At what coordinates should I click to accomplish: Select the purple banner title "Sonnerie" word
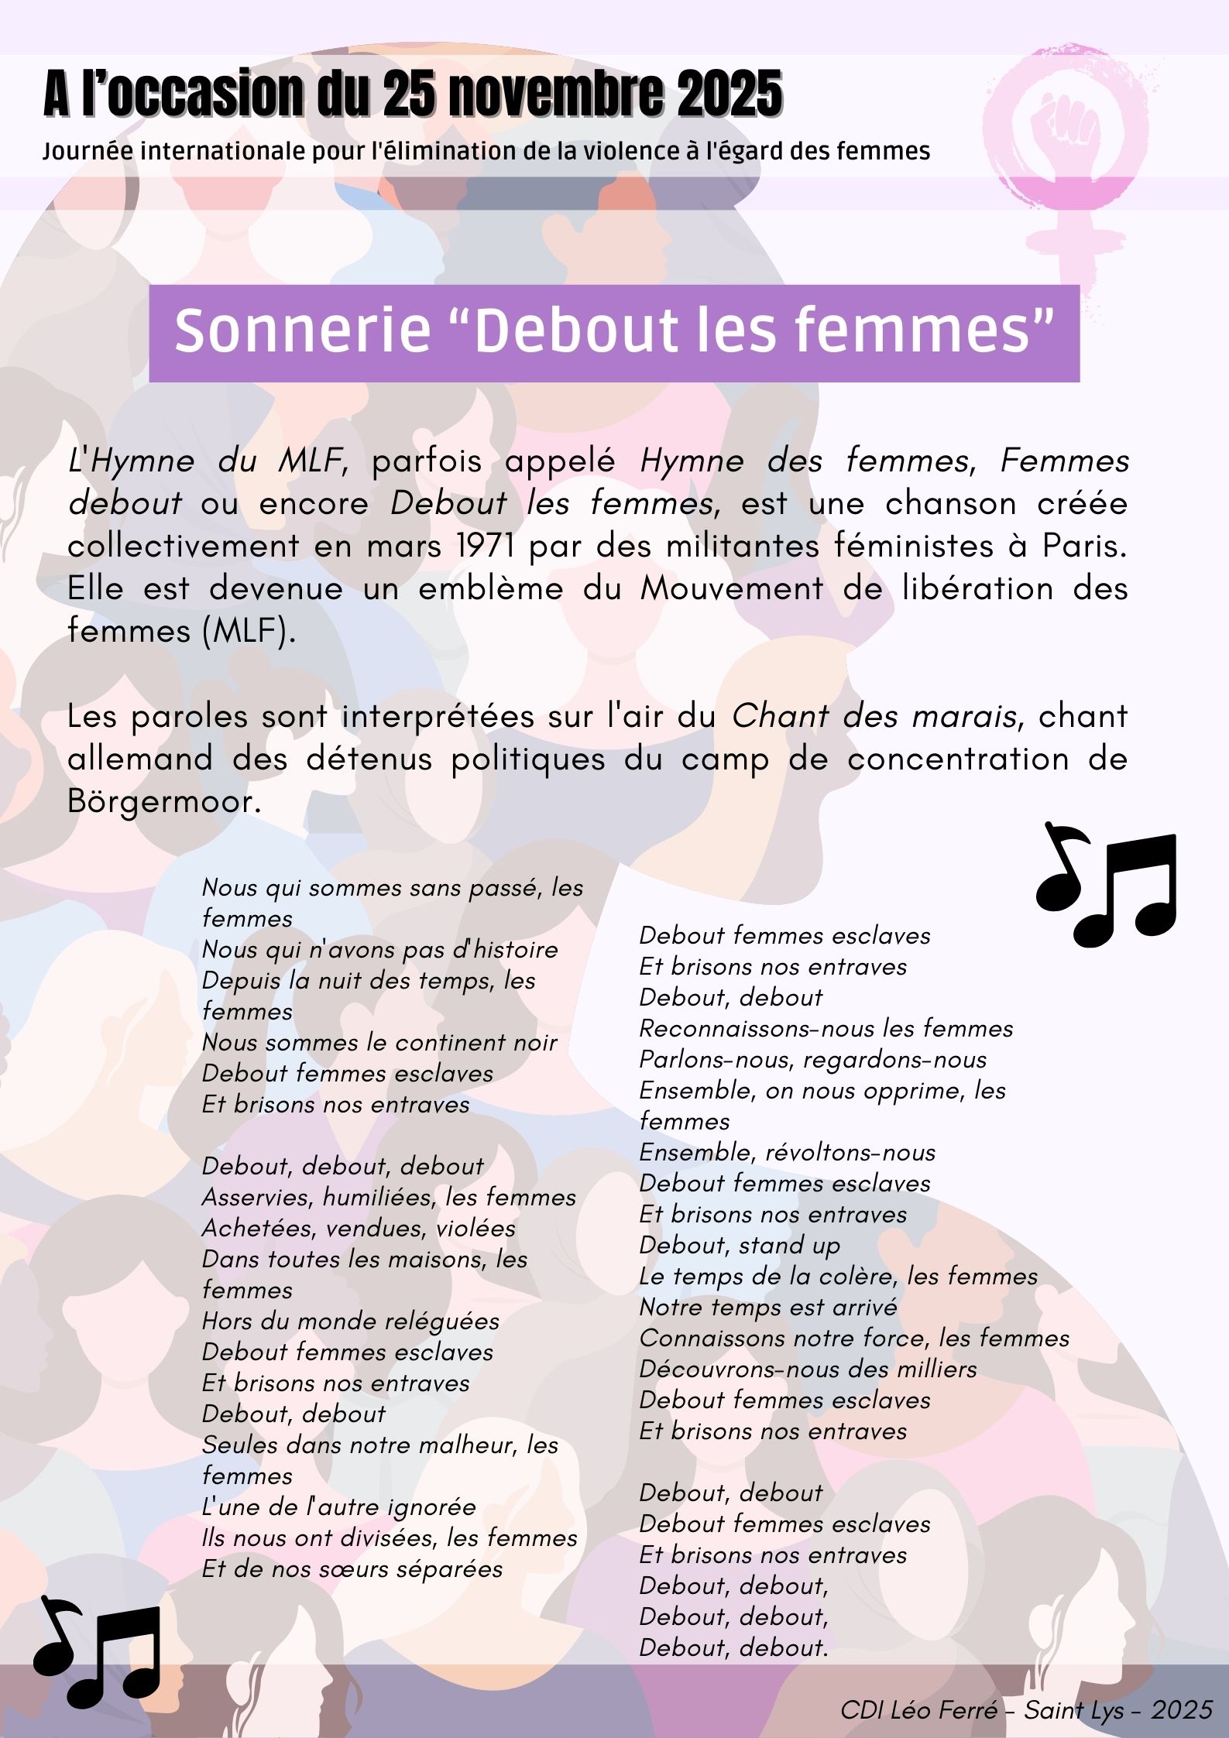coord(302,331)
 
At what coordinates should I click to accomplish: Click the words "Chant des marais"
coord(874,716)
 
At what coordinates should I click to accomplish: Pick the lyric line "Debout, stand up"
coord(739,1246)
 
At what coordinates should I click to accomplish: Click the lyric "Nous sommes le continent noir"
coord(379,1043)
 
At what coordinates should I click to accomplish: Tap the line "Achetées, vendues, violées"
coord(359,1229)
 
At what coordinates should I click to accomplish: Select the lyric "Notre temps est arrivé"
coord(767,1308)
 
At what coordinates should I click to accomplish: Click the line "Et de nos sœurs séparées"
coord(352,1569)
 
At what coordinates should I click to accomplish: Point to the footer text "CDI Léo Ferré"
coord(918,1709)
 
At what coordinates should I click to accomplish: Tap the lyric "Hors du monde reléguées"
coord(350,1321)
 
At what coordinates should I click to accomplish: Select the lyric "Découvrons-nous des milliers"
coord(808,1369)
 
